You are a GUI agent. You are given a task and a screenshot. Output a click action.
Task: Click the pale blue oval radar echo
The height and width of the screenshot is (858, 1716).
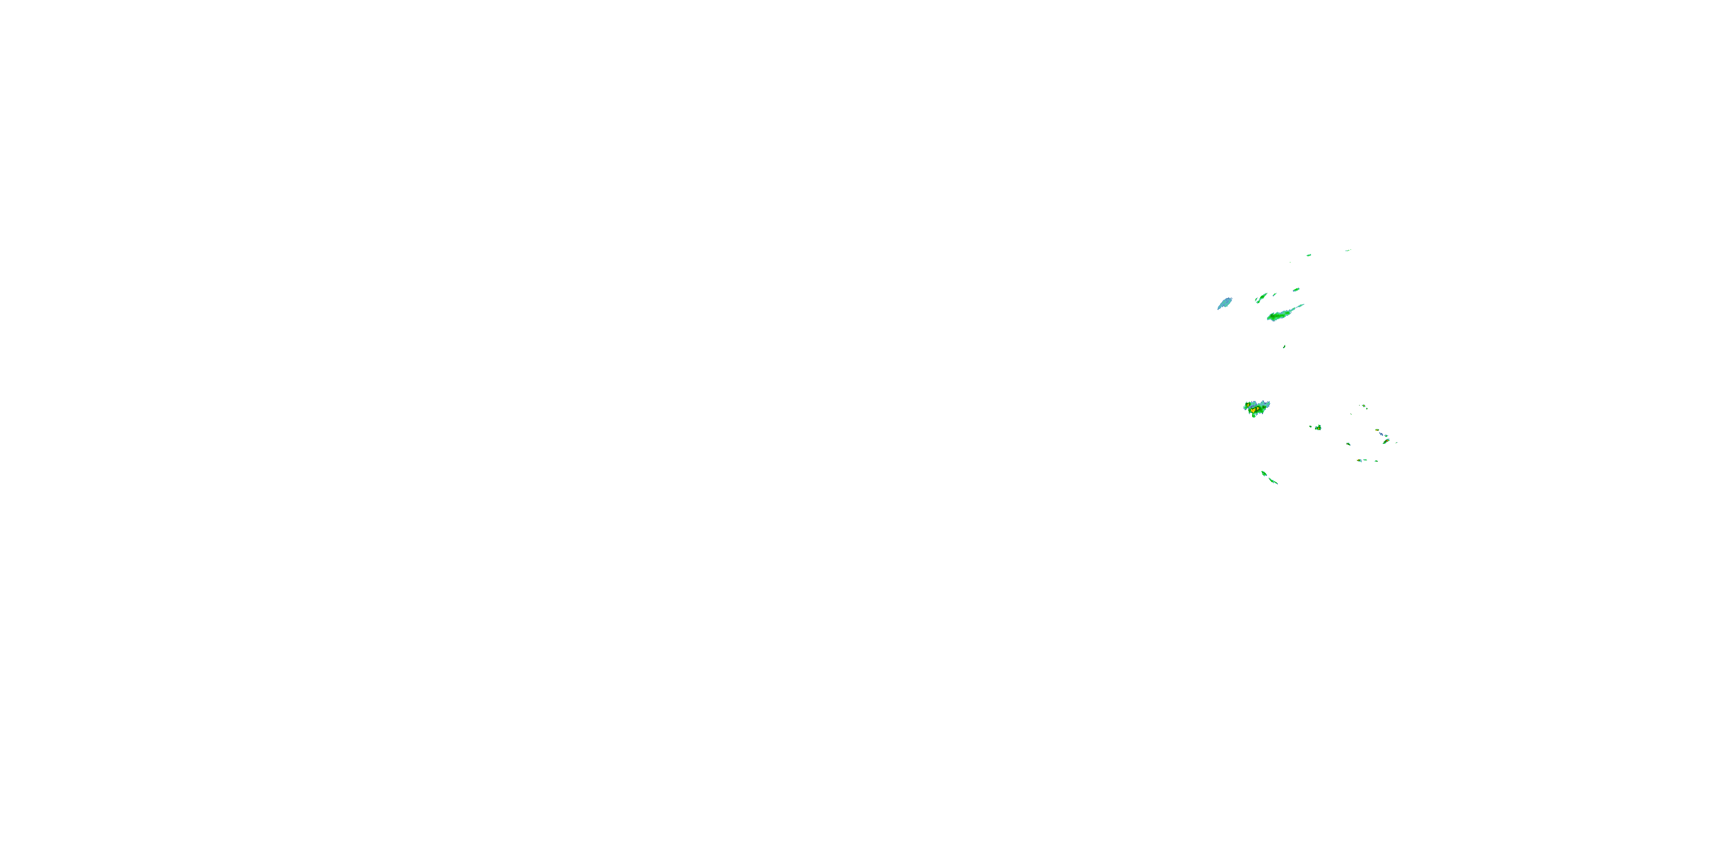point(1225,303)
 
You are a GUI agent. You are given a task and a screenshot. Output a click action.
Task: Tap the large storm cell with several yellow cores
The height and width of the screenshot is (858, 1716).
point(1256,408)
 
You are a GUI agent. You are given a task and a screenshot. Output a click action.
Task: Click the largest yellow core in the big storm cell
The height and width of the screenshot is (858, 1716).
point(1254,410)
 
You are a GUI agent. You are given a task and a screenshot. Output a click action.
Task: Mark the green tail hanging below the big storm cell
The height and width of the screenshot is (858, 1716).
point(1254,416)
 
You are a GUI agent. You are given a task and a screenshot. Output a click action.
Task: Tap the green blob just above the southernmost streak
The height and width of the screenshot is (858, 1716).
point(1264,474)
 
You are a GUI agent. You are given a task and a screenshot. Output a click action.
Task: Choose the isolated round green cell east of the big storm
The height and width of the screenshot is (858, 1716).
point(1318,428)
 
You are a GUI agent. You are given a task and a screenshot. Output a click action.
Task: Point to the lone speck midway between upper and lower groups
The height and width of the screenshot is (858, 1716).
point(1284,347)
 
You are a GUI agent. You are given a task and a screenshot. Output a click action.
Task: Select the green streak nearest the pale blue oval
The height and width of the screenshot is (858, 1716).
point(1261,298)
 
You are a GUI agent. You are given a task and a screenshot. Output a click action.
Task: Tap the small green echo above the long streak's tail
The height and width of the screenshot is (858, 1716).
point(1296,290)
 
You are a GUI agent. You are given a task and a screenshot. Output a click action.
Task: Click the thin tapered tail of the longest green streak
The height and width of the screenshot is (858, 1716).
point(1298,307)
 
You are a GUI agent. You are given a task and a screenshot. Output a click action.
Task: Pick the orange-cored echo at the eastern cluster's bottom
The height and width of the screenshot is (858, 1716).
point(1360,460)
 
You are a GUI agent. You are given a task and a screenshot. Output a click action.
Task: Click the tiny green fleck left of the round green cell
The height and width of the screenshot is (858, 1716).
point(1311,426)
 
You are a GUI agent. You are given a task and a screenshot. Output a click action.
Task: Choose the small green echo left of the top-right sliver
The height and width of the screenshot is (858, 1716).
point(1309,255)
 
